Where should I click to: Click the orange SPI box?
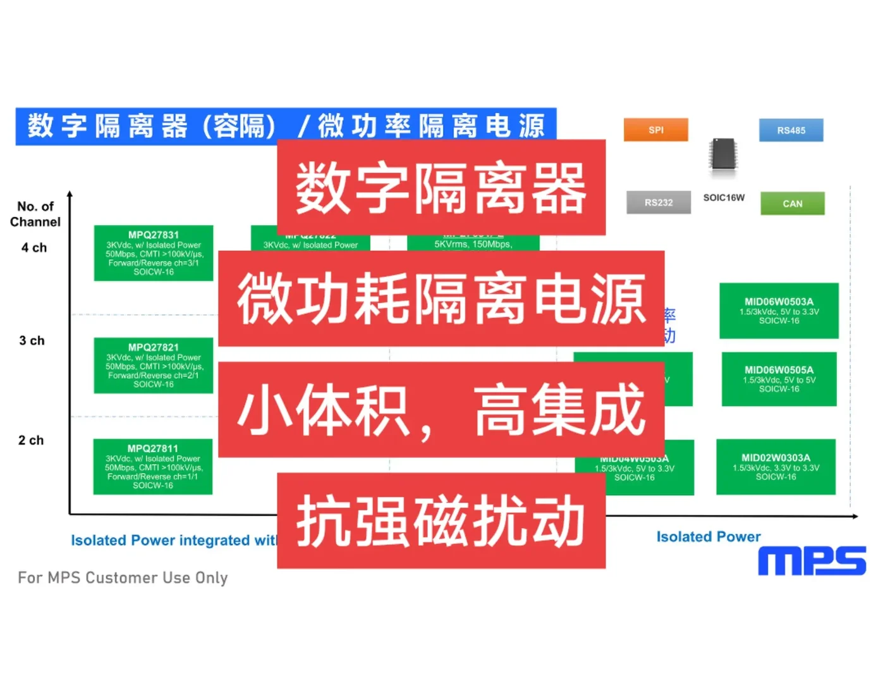tap(655, 130)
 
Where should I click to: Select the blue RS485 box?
tap(791, 130)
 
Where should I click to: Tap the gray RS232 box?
tap(658, 202)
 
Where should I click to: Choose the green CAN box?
tap(792, 204)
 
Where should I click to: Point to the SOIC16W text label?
tap(724, 197)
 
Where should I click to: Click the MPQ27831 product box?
tap(154, 253)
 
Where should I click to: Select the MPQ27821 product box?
tap(154, 366)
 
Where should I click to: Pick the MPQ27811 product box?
tap(153, 467)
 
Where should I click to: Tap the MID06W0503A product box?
tap(779, 311)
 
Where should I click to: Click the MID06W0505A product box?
tap(779, 379)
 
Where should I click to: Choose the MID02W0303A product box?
tap(776, 467)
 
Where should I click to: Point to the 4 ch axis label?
tap(34, 248)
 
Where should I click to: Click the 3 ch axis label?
tap(32, 341)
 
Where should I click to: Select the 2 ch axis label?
tap(31, 440)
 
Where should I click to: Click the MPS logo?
tap(812, 561)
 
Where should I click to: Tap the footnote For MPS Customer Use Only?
tap(123, 577)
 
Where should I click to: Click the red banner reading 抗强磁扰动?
tap(441, 520)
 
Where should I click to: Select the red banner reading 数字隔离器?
tap(441, 188)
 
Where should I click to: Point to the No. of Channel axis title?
tap(35, 214)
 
